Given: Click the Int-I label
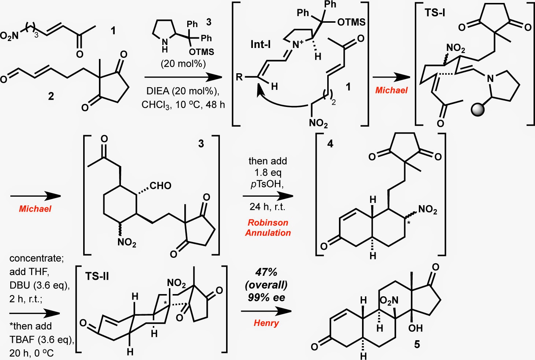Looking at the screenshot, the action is coord(260,44).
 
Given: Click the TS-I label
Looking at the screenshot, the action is coord(435,13).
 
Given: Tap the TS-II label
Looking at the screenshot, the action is coord(97,277).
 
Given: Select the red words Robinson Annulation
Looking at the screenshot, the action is coord(268,227).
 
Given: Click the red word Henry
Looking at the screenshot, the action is coord(266,323).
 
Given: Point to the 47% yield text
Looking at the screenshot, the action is coord(266,272).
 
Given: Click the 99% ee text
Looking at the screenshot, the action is coord(266,297).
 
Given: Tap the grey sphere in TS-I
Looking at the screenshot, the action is coord(477,110).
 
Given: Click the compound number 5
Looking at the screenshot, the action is coord(417,344).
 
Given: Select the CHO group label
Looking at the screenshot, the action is coord(160,185).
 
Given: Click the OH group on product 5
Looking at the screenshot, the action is coord(415,328).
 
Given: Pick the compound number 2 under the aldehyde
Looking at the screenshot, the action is coord(51,96).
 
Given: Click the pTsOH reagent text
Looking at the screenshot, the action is coord(267,184).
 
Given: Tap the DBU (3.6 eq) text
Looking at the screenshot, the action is coord(40,285).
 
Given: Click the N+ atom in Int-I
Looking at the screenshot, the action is coord(298,44).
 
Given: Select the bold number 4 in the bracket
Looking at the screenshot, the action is coord(330,144).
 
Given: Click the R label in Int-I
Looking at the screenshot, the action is coord(239,77).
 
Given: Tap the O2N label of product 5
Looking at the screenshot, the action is coord(389,301).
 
